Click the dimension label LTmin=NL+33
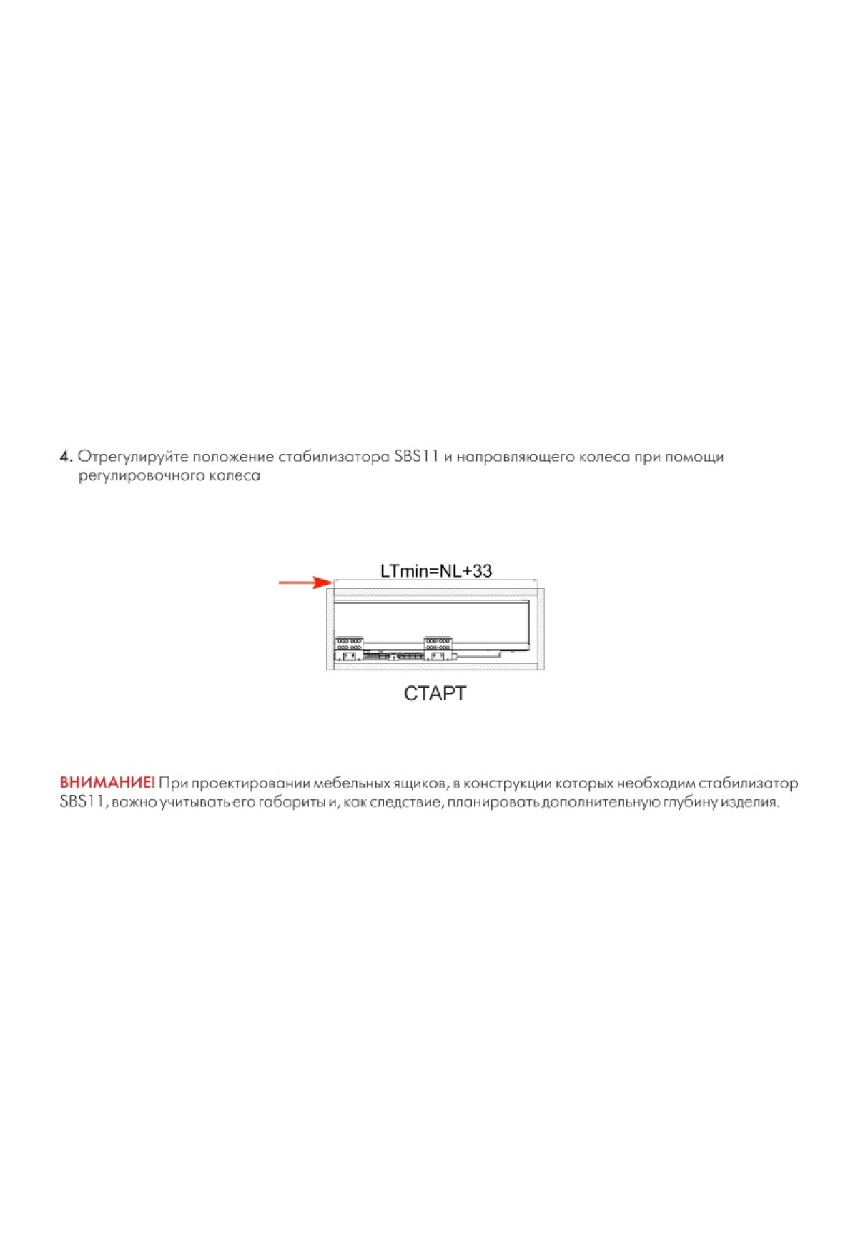[x=435, y=570]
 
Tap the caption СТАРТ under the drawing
[x=435, y=693]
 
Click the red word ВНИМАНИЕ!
[x=107, y=783]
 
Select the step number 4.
[x=65, y=456]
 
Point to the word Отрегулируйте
[x=132, y=456]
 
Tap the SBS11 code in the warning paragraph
[x=82, y=801]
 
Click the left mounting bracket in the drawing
[x=349, y=648]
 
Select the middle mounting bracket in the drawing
[x=438, y=648]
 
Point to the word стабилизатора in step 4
[x=334, y=456]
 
